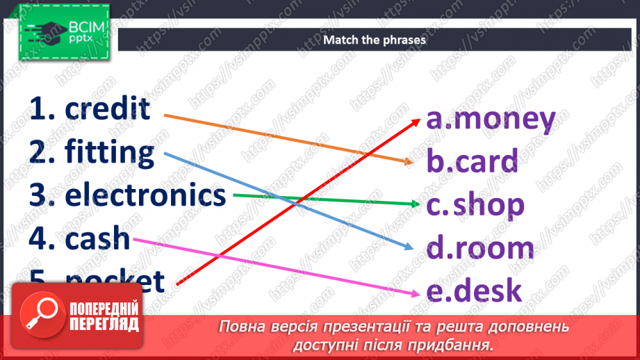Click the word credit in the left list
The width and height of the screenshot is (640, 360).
point(107,109)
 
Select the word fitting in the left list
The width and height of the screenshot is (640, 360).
point(110,152)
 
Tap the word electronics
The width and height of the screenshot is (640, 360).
point(145,195)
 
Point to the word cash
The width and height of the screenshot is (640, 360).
point(97,238)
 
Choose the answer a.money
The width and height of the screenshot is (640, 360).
point(491,120)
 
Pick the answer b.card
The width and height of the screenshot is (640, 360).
point(473,162)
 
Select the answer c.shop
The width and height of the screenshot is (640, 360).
point(475,205)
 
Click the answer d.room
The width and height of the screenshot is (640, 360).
point(480,248)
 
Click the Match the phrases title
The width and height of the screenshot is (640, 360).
point(374,40)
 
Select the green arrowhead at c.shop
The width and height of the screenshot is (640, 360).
point(416,204)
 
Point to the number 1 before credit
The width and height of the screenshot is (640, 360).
point(42,109)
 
